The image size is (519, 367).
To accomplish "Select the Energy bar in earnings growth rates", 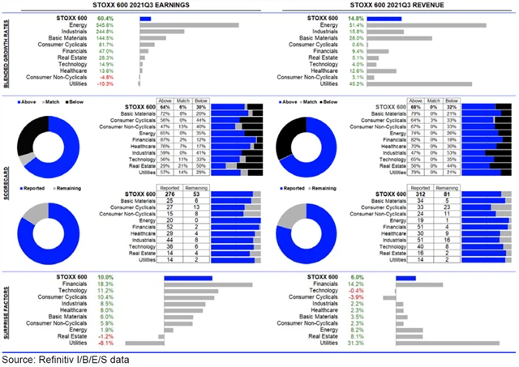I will (188, 24).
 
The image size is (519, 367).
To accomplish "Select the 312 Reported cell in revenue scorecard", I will (422, 194).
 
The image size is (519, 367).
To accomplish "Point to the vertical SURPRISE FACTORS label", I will (6, 310).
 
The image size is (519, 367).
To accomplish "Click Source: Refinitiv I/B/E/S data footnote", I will (65, 358).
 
